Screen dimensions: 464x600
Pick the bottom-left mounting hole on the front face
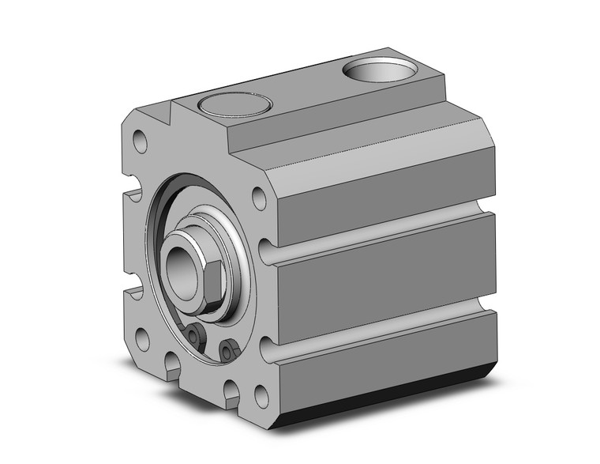(x=142, y=340)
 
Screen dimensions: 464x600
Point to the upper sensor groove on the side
(x=379, y=232)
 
